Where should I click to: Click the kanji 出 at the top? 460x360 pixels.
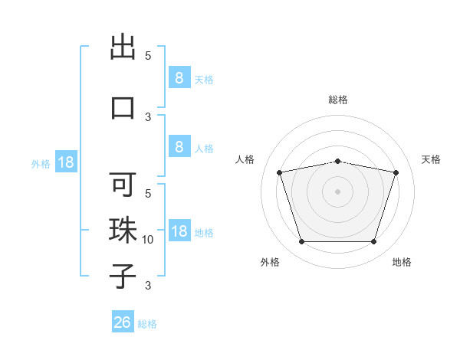tap(123, 47)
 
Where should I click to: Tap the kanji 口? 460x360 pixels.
tap(123, 108)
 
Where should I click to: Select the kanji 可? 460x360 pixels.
tap(123, 184)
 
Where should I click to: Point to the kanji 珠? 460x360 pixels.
tap(123, 231)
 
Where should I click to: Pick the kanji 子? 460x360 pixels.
tap(123, 277)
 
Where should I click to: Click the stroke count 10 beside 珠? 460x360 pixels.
tap(147, 240)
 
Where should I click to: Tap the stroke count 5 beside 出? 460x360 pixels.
tap(148, 56)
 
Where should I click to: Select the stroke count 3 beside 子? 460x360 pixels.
tap(148, 286)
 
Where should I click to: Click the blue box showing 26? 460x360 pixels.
tap(123, 321)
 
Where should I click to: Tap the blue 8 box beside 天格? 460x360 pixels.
tap(179, 77)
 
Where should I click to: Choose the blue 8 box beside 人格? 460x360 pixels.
tap(179, 146)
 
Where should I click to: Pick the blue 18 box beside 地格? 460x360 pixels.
tap(179, 230)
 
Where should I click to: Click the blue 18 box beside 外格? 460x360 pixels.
tap(66, 162)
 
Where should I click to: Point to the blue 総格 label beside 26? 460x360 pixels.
tap(147, 324)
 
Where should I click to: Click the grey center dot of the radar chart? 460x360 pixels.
tap(337, 191)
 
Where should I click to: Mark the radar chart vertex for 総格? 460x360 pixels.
tap(337, 162)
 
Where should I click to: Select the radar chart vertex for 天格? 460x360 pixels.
tap(396, 172)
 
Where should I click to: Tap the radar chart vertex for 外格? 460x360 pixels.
tap(301, 241)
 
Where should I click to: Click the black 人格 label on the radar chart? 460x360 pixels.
tap(245, 159)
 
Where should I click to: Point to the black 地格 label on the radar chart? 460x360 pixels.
tap(402, 262)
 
